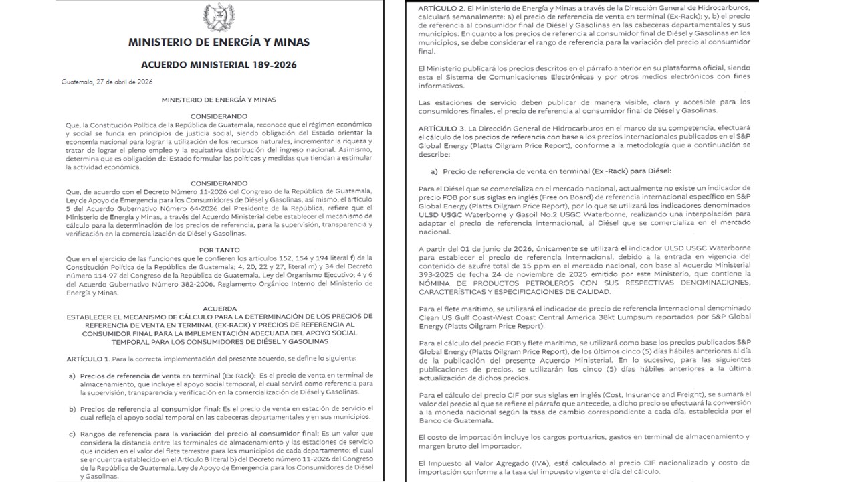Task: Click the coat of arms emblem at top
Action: [219, 17]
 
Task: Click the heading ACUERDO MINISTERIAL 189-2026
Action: [219, 65]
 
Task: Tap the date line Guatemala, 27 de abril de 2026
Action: [107, 82]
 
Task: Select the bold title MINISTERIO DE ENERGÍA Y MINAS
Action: [219, 42]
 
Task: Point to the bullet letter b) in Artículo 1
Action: [72, 408]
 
